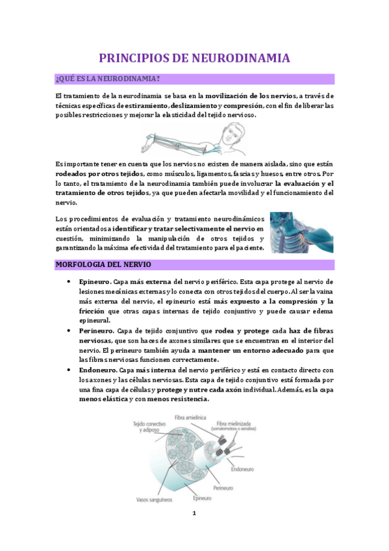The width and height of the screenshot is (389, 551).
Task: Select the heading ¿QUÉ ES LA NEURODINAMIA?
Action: coord(108,79)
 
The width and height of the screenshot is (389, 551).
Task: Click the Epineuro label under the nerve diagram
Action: coord(202,499)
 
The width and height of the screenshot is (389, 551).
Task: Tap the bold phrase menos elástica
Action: coord(103,399)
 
